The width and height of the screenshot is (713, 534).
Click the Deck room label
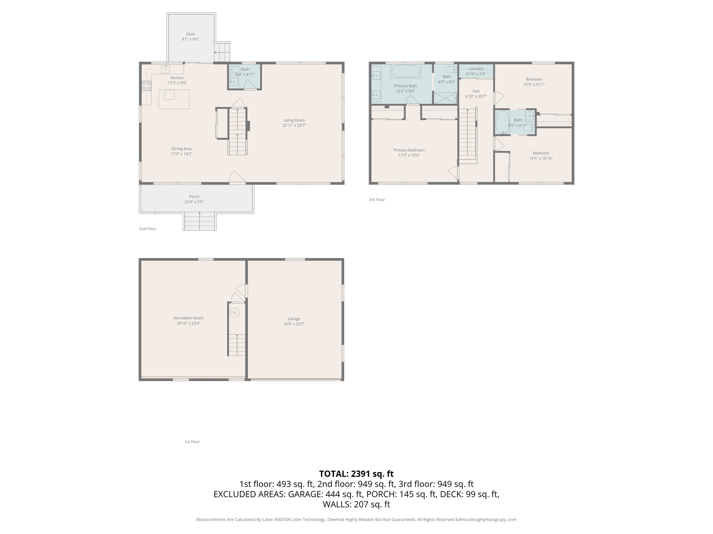190,34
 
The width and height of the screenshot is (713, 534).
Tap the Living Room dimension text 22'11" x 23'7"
294,126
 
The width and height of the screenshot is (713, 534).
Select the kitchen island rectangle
174,99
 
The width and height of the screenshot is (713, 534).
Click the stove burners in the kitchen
146,86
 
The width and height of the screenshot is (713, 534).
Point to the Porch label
194,196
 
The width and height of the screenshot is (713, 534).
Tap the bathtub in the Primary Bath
406,71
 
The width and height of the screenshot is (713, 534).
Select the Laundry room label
476,68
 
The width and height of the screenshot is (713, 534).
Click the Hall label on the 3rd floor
476,91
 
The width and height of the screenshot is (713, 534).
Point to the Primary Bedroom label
409,150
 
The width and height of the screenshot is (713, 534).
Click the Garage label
294,318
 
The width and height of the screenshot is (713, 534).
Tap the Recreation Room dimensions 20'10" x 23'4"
188,323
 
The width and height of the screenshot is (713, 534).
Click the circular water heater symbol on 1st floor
235,313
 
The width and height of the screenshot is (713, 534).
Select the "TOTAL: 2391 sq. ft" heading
356,474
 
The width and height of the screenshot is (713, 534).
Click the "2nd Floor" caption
148,229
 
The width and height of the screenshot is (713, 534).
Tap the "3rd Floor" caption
377,200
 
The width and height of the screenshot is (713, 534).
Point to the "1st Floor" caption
192,442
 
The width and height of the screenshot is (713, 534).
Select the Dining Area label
181,148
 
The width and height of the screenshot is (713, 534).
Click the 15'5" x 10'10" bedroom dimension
541,159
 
